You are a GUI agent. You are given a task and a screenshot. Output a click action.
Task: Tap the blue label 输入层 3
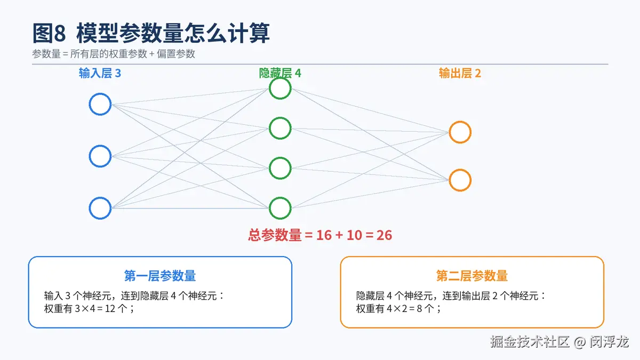tap(100, 74)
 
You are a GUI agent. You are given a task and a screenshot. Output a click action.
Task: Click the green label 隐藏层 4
tap(280, 73)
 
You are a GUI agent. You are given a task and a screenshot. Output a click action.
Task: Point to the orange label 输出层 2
tap(460, 74)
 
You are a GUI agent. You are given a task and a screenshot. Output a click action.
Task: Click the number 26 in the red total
tap(384, 235)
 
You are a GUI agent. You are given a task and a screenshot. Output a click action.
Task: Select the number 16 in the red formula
tap(324, 235)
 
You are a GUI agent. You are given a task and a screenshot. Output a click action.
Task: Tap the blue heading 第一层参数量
tap(160, 276)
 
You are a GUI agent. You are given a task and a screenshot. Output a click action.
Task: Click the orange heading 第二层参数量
tap(472, 276)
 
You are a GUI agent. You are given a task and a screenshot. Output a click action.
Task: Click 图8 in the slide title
tap(49, 33)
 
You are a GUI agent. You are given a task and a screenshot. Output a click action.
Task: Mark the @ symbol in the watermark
tap(580, 342)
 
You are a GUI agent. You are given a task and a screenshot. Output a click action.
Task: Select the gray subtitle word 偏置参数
tap(175, 54)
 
